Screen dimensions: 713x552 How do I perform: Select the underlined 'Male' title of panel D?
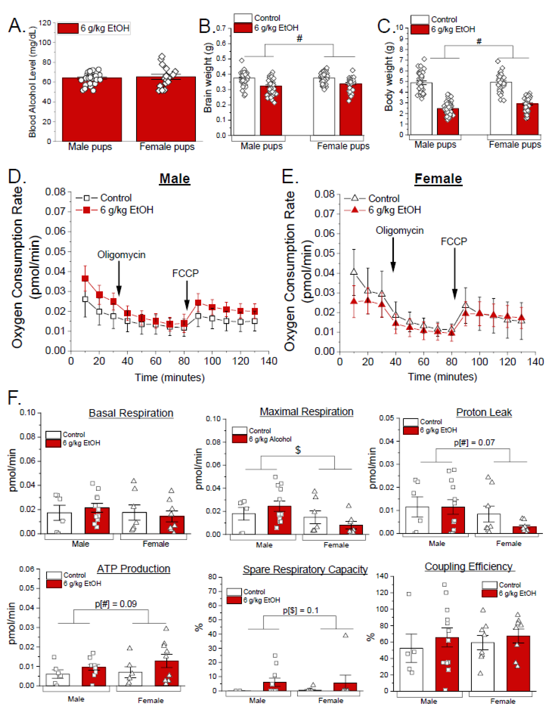175,179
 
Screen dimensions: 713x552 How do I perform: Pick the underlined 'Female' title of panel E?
438,179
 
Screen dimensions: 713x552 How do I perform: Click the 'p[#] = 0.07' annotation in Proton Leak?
474,443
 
